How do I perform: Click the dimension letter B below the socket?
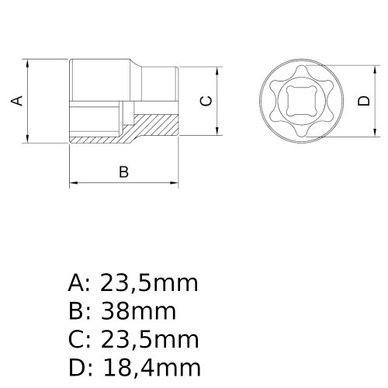[x=123, y=172]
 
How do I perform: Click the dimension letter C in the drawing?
[x=205, y=100]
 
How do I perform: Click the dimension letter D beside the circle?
[x=363, y=100]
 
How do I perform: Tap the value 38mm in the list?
[x=139, y=312]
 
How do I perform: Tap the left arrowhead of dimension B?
[x=74, y=184]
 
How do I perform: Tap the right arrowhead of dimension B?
[x=174, y=184]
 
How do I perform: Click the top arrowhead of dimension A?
[x=27, y=62]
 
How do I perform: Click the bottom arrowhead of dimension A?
[x=27, y=139]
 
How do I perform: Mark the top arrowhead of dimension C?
[x=217, y=70]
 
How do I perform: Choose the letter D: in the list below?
[x=79, y=367]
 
